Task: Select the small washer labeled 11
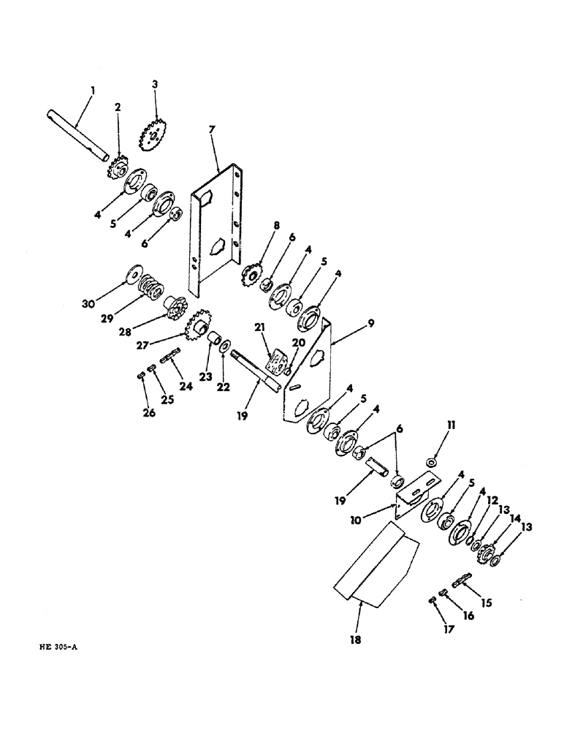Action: (432, 463)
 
